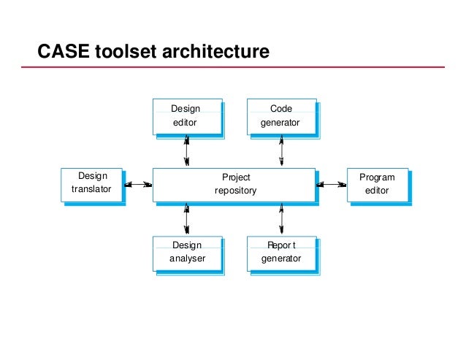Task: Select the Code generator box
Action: [x=280, y=116]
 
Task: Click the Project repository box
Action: [x=234, y=184]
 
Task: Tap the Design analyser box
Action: [x=186, y=252]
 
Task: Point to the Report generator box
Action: [x=281, y=252]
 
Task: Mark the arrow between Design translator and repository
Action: [x=139, y=185]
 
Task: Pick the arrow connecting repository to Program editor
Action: [x=332, y=185]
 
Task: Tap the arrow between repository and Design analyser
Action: [x=186, y=219]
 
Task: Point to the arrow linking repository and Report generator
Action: [x=281, y=219]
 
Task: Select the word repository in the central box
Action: [x=235, y=191]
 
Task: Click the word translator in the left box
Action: [x=92, y=190]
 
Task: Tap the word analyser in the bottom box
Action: [x=187, y=258]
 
